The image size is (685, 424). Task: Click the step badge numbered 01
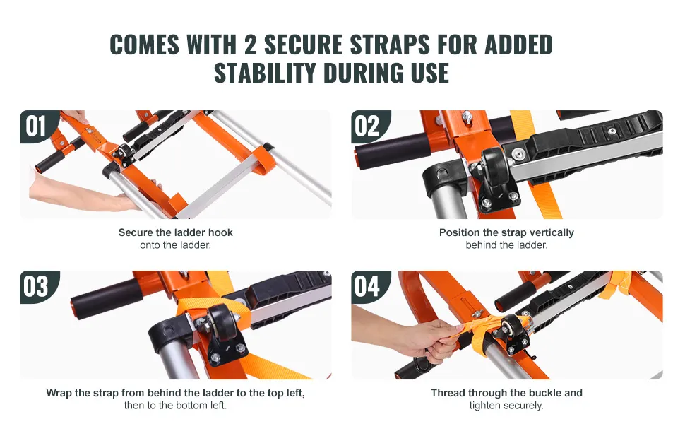click(x=38, y=126)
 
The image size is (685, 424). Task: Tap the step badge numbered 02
click(x=369, y=126)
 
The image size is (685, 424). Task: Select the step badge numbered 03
click(x=38, y=287)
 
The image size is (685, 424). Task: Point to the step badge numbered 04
click(x=369, y=287)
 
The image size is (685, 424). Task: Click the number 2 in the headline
click(x=250, y=45)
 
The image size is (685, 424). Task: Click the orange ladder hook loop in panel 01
click(x=263, y=160)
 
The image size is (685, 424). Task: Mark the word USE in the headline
click(x=429, y=73)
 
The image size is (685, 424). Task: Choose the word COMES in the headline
click(x=144, y=45)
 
